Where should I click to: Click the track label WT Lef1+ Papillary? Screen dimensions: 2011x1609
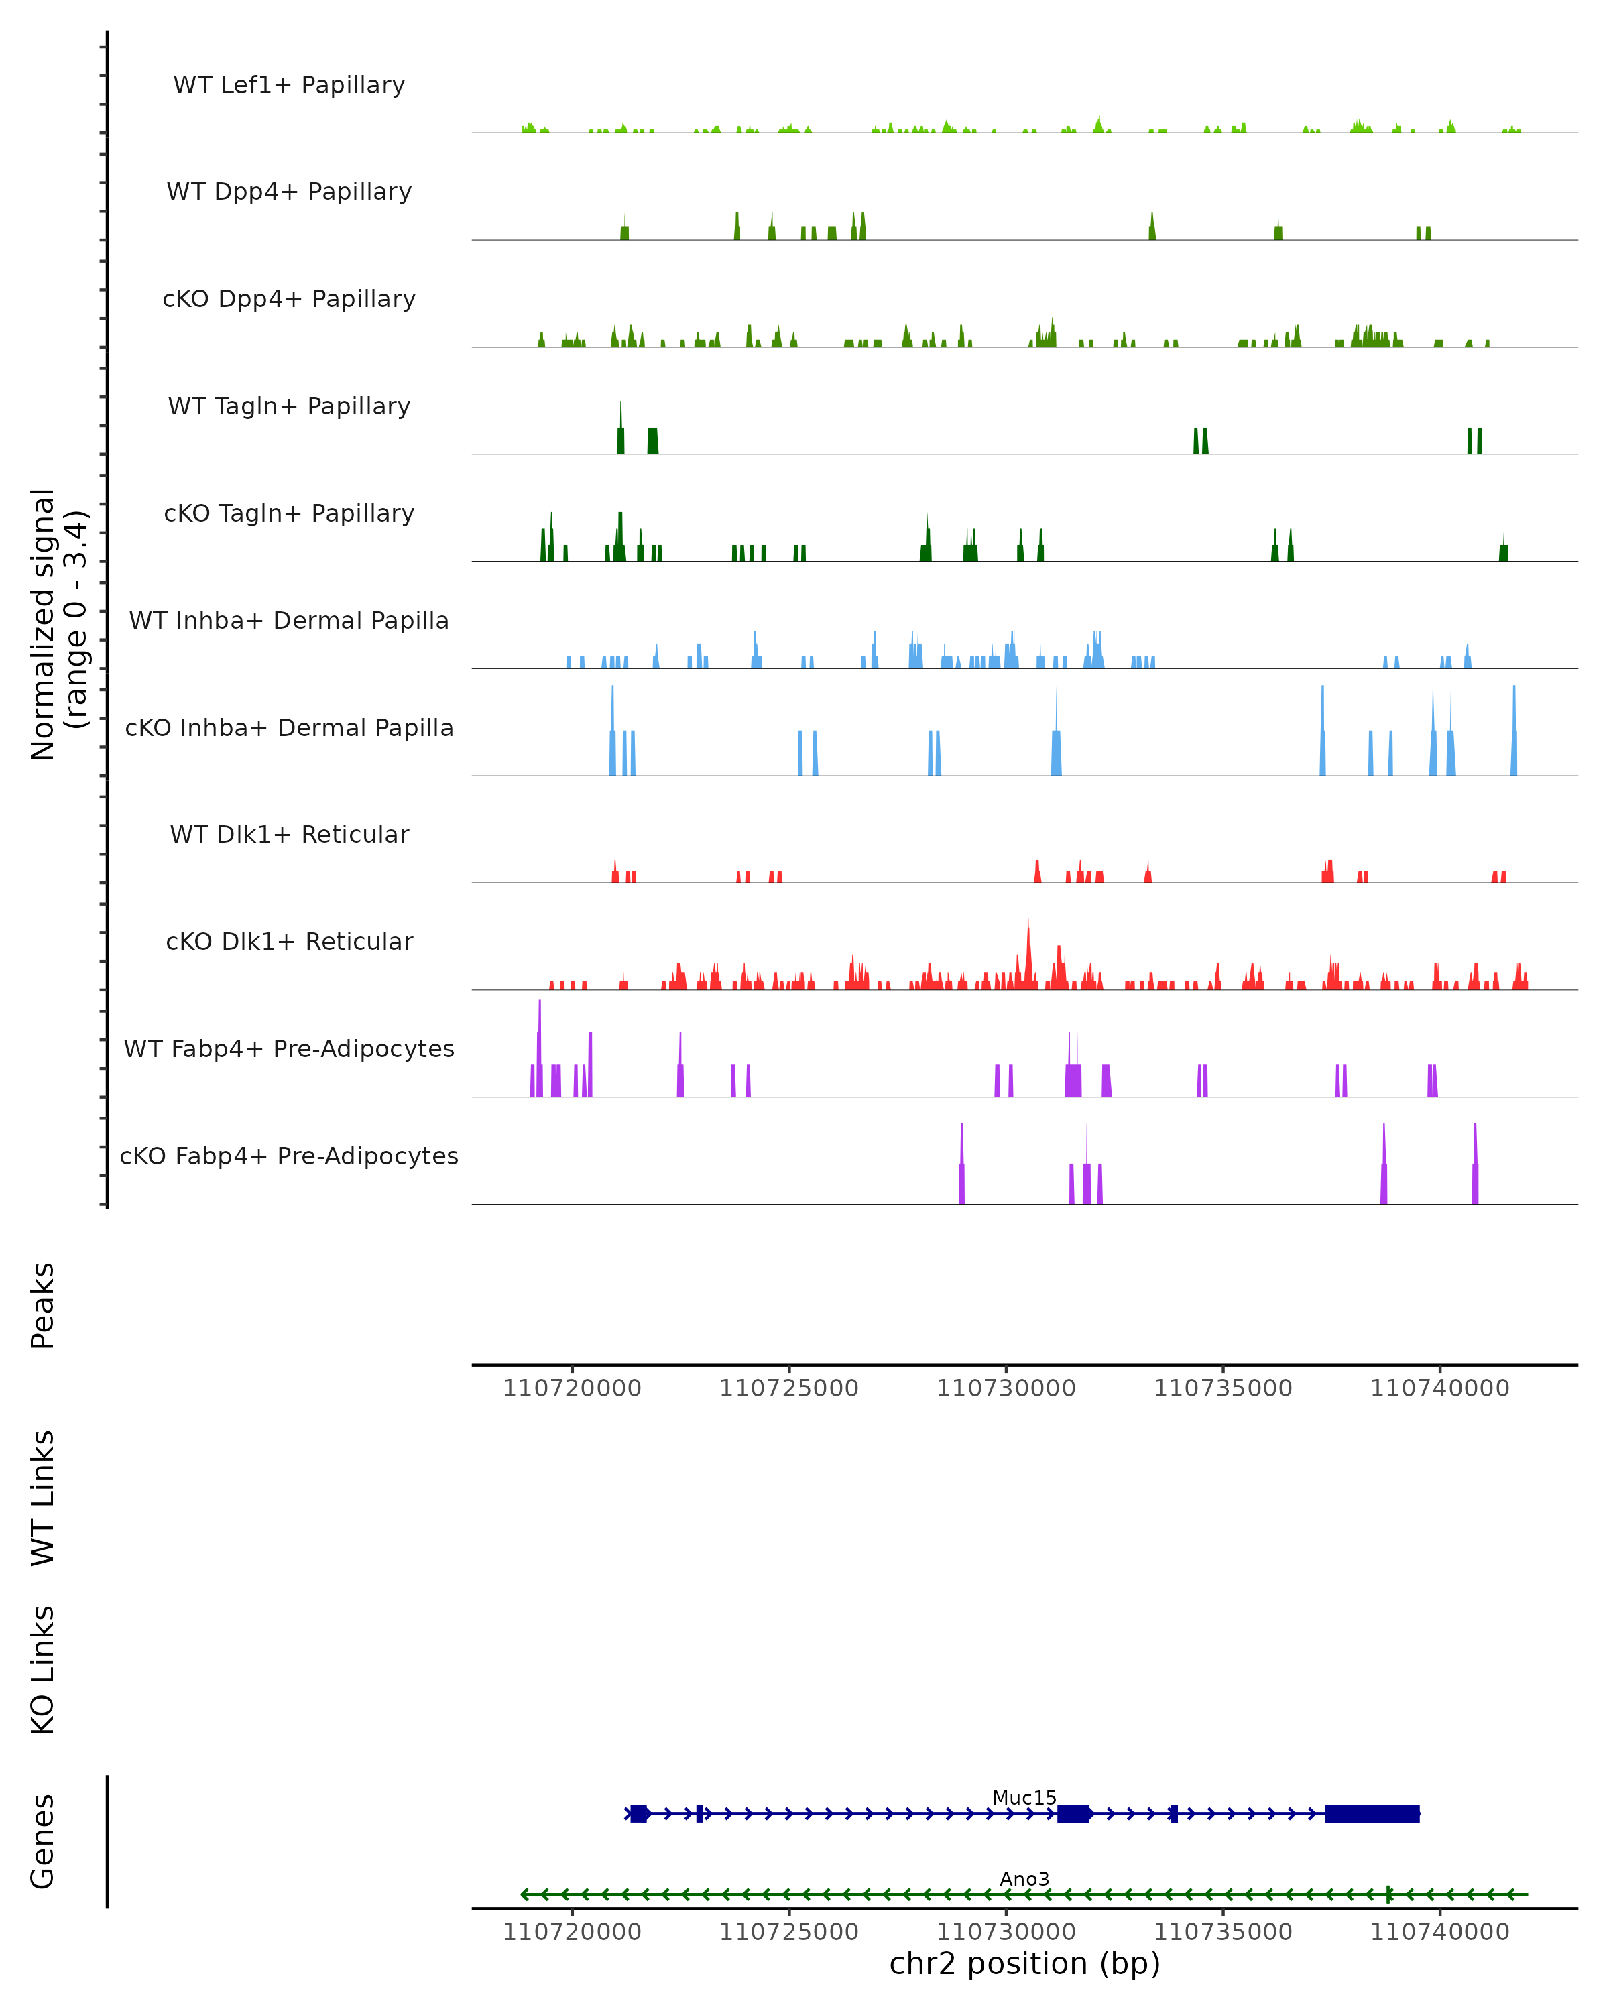pyautogui.click(x=289, y=85)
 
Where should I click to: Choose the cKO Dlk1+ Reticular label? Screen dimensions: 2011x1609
pyautogui.click(x=289, y=941)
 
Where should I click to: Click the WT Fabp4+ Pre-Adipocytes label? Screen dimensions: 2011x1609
pyautogui.click(x=289, y=1048)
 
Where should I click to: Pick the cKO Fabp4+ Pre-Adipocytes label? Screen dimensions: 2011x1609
pyautogui.click(x=289, y=1156)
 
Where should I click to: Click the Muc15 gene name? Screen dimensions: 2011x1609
pyautogui.click(x=1024, y=1797)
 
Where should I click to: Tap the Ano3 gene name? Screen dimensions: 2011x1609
pyautogui.click(x=1024, y=1878)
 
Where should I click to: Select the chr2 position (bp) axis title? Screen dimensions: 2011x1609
pyautogui.click(x=1024, y=1963)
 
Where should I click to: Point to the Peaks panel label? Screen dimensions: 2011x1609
pyautogui.click(x=43, y=1305)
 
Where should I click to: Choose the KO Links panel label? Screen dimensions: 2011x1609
pyautogui.click(x=43, y=1670)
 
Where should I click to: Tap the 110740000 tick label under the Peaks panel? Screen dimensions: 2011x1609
pyautogui.click(x=1439, y=1388)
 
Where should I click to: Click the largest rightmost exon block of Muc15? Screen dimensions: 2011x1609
pyautogui.click(x=1371, y=1813)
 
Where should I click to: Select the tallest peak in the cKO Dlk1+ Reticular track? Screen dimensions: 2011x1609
pyautogui.click(x=1029, y=951)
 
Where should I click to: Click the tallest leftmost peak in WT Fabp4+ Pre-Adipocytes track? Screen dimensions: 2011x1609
pyautogui.click(x=539, y=1036)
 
